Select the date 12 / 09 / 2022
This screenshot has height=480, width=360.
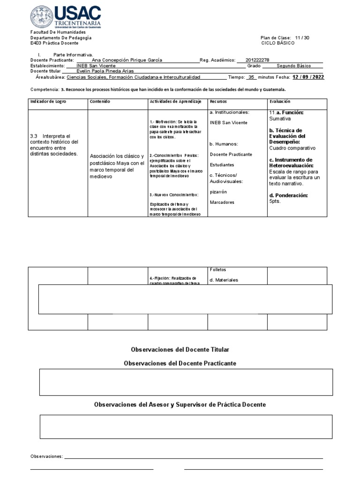pos(308,77)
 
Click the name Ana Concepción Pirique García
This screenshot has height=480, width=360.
pos(127,60)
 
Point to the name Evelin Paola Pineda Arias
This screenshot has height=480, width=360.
pos(105,71)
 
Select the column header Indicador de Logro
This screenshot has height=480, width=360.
pos(48,101)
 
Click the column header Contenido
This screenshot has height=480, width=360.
pos(100,101)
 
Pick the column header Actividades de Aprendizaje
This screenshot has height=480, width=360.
pos(175,101)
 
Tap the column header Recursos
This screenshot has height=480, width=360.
pos(218,101)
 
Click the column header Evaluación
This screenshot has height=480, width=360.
pos(280,101)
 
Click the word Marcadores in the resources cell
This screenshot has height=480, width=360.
pos(222,202)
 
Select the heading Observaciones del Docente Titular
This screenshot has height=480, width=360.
pos(180,350)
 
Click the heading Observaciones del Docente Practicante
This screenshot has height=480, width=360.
pos(180,363)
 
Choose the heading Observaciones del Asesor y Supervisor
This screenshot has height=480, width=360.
pos(180,404)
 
